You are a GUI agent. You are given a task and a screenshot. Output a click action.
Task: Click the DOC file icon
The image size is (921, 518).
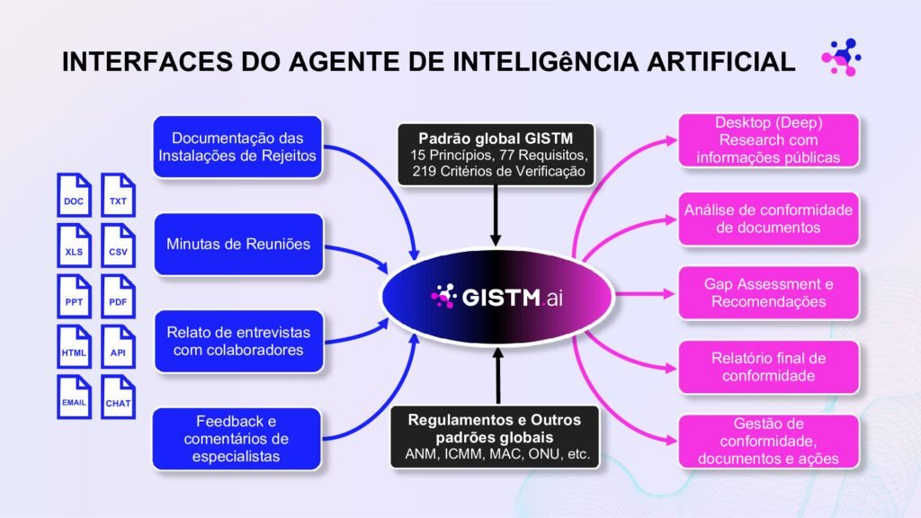coord(74,195)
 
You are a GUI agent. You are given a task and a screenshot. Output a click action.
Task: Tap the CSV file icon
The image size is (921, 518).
coord(118,246)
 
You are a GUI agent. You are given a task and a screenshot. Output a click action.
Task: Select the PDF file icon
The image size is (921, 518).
coord(118,296)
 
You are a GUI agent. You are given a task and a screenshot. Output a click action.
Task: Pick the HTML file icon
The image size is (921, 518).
coord(74,346)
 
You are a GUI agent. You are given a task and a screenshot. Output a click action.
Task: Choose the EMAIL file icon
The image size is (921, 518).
coord(74,397)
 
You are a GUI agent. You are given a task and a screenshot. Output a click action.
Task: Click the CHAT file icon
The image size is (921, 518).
coord(118,397)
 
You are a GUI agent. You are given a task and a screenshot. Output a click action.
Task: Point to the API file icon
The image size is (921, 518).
coord(118,346)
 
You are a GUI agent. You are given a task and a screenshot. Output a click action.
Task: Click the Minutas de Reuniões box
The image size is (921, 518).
coord(238,245)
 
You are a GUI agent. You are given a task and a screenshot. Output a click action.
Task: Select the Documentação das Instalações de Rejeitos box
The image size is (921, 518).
coord(237,147)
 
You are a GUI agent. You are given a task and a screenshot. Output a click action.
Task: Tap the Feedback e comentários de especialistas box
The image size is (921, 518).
coord(237,439)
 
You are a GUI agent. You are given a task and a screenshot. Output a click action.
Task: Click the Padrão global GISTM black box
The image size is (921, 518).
coord(496,155)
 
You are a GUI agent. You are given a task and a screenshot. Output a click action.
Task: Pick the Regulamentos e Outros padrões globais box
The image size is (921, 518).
coord(495,437)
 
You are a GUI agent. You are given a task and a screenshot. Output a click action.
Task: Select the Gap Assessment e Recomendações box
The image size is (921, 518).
coord(768,293)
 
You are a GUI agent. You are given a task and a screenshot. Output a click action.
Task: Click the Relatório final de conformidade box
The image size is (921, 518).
coord(768,367)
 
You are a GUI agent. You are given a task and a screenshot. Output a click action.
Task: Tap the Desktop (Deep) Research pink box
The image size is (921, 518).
coord(768,140)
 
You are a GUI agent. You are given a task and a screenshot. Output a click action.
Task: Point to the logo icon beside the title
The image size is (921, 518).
coord(841,58)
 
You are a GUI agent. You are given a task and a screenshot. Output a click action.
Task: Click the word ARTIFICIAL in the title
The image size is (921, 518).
coord(721,62)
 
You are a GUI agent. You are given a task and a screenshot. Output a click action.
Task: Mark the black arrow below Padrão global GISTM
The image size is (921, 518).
coord(496,216)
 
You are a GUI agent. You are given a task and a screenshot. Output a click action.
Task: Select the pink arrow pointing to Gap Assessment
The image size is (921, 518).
coord(645,294)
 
